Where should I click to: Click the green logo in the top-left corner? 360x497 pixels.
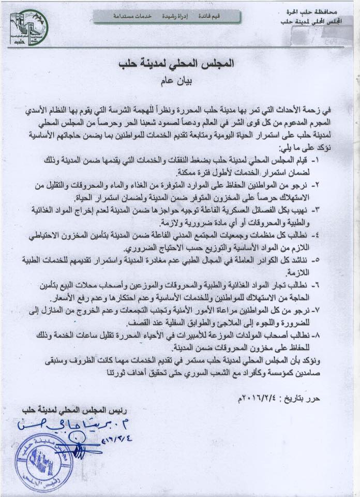point(28,27)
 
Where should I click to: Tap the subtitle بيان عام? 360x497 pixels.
point(176,81)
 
